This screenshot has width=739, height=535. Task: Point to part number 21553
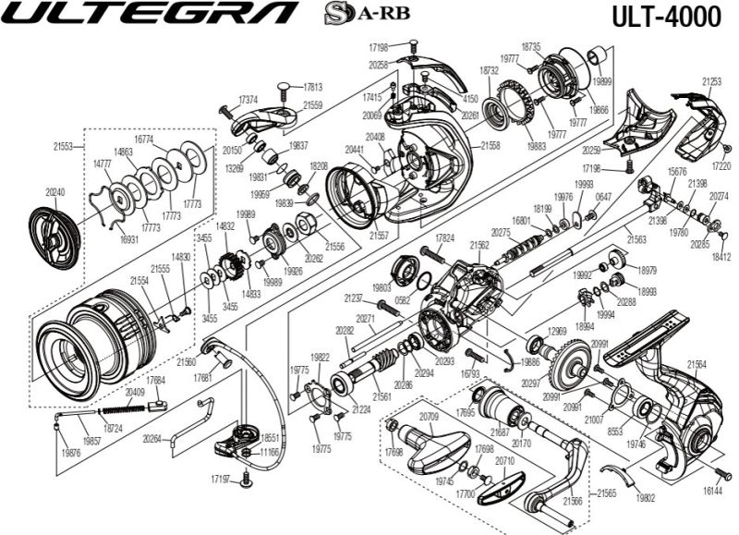[63, 146]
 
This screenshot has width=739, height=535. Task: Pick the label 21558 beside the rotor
[491, 146]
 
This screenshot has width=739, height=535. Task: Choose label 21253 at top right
[711, 82]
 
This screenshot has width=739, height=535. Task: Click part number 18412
[721, 255]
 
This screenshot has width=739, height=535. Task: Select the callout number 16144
[712, 494]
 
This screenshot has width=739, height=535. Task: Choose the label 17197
[220, 479]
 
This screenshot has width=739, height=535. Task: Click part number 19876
[68, 454]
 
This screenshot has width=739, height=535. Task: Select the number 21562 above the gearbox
[479, 245]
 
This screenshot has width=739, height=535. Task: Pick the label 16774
[144, 139]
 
